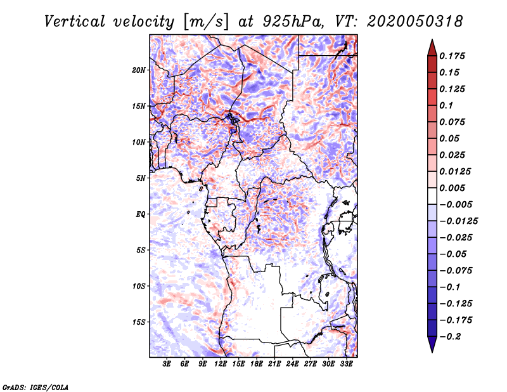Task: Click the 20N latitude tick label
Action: point(139,70)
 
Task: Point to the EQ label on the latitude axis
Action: point(140,214)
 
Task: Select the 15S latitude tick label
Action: point(139,322)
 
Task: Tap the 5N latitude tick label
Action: point(141,178)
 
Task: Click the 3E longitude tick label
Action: point(167,365)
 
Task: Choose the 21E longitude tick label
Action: point(275,365)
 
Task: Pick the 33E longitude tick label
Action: point(347,365)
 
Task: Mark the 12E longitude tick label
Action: point(221,365)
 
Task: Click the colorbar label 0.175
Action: point(452,56)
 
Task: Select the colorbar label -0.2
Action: point(451,336)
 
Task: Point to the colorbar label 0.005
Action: point(452,188)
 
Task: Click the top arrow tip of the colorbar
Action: point(431,41)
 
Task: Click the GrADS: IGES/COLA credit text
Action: point(35,386)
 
